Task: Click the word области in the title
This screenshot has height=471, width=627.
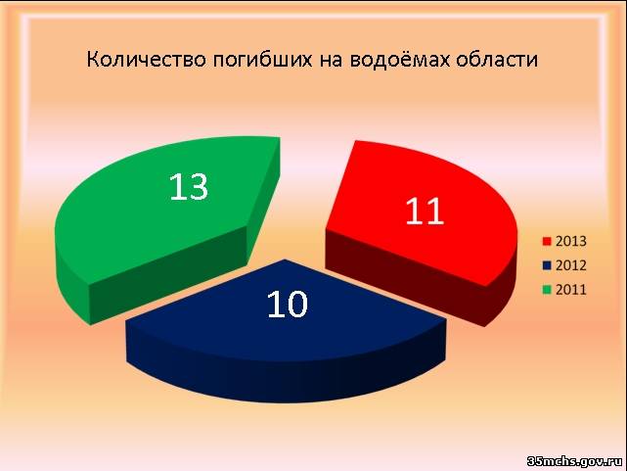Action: tap(497, 60)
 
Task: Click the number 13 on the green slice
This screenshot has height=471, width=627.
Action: tap(189, 187)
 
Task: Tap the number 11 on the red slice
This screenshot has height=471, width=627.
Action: tap(425, 211)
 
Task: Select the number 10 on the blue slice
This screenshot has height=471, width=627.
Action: tap(288, 305)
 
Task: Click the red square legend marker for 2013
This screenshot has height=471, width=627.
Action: tap(547, 241)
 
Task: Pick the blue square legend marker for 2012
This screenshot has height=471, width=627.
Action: tap(547, 265)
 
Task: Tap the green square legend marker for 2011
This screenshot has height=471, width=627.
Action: tap(547, 289)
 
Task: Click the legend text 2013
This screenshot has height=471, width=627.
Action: tap(570, 241)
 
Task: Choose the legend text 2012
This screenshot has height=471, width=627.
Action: tap(570, 265)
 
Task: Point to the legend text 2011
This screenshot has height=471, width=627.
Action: tap(570, 289)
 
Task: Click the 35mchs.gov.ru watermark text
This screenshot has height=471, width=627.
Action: tap(575, 461)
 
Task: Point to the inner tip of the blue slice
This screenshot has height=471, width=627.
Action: tap(285, 259)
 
